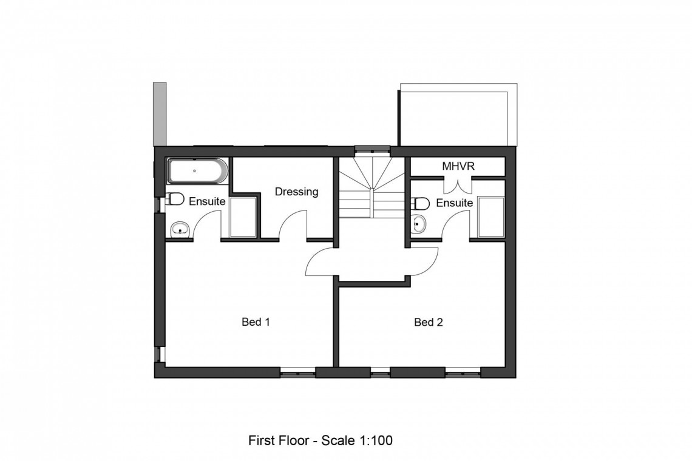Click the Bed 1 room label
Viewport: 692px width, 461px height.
tap(256, 322)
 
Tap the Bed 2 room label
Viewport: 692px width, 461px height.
tap(428, 322)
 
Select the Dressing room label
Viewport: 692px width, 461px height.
tap(296, 192)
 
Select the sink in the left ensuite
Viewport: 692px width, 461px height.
tap(180, 228)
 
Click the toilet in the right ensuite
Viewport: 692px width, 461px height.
tap(422, 202)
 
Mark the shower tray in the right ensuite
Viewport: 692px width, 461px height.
tap(490, 217)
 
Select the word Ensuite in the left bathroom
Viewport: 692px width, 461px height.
tap(207, 201)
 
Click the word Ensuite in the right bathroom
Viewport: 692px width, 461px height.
tap(454, 203)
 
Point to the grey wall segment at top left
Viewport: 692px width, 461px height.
tap(160, 113)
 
